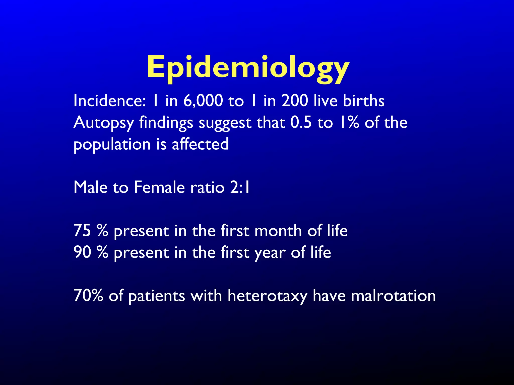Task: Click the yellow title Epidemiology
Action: pyautogui.click(x=248, y=67)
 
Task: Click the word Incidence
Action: pyautogui.click(x=109, y=101)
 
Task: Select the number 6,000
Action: pyautogui.click(x=203, y=101)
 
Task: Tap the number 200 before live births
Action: pyautogui.click(x=295, y=101)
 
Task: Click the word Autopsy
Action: pyautogui.click(x=104, y=123)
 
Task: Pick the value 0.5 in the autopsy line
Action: pyautogui.click(x=301, y=123)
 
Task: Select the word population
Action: pyautogui.click(x=112, y=145)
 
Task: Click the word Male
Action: pyautogui.click(x=90, y=187)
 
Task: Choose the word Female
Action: pyautogui.click(x=159, y=187)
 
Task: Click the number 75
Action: pyautogui.click(x=82, y=231)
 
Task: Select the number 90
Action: pyautogui.click(x=82, y=252)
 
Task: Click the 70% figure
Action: pyautogui.click(x=88, y=296)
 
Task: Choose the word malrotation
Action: pyautogui.click(x=393, y=296)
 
